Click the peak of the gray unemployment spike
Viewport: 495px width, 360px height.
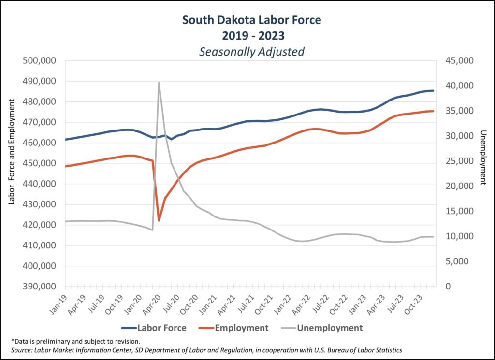tap(159, 83)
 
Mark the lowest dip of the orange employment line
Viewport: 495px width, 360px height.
tap(159, 220)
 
